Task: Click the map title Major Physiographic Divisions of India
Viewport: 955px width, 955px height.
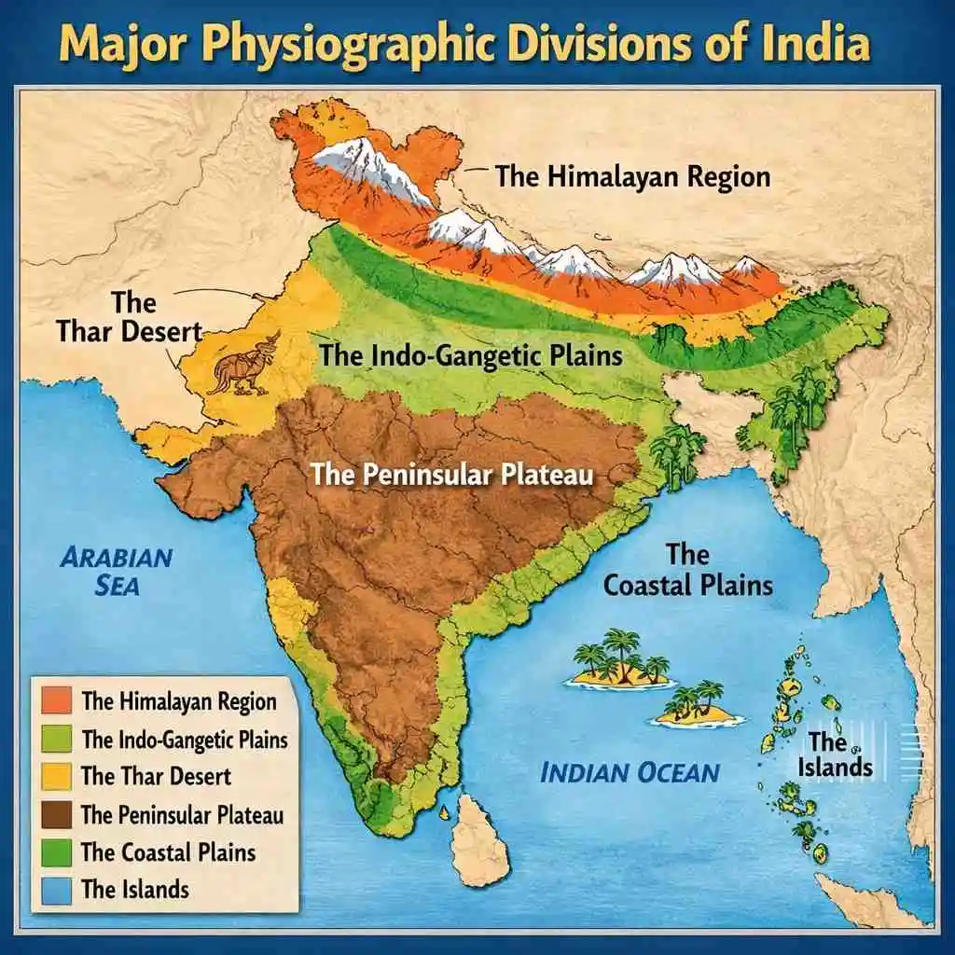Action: pos(477,45)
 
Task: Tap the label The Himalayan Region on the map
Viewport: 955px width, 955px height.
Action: pos(632,176)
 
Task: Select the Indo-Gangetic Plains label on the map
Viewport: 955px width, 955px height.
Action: pos(471,355)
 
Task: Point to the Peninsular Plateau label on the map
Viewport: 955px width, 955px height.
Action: pos(452,474)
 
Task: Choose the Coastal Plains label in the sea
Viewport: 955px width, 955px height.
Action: pos(688,570)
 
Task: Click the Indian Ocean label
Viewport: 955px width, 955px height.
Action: pos(630,772)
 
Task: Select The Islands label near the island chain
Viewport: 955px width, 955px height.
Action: pos(839,755)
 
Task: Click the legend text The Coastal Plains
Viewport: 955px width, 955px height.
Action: pos(168,851)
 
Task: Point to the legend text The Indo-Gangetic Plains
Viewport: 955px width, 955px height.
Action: pos(185,740)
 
